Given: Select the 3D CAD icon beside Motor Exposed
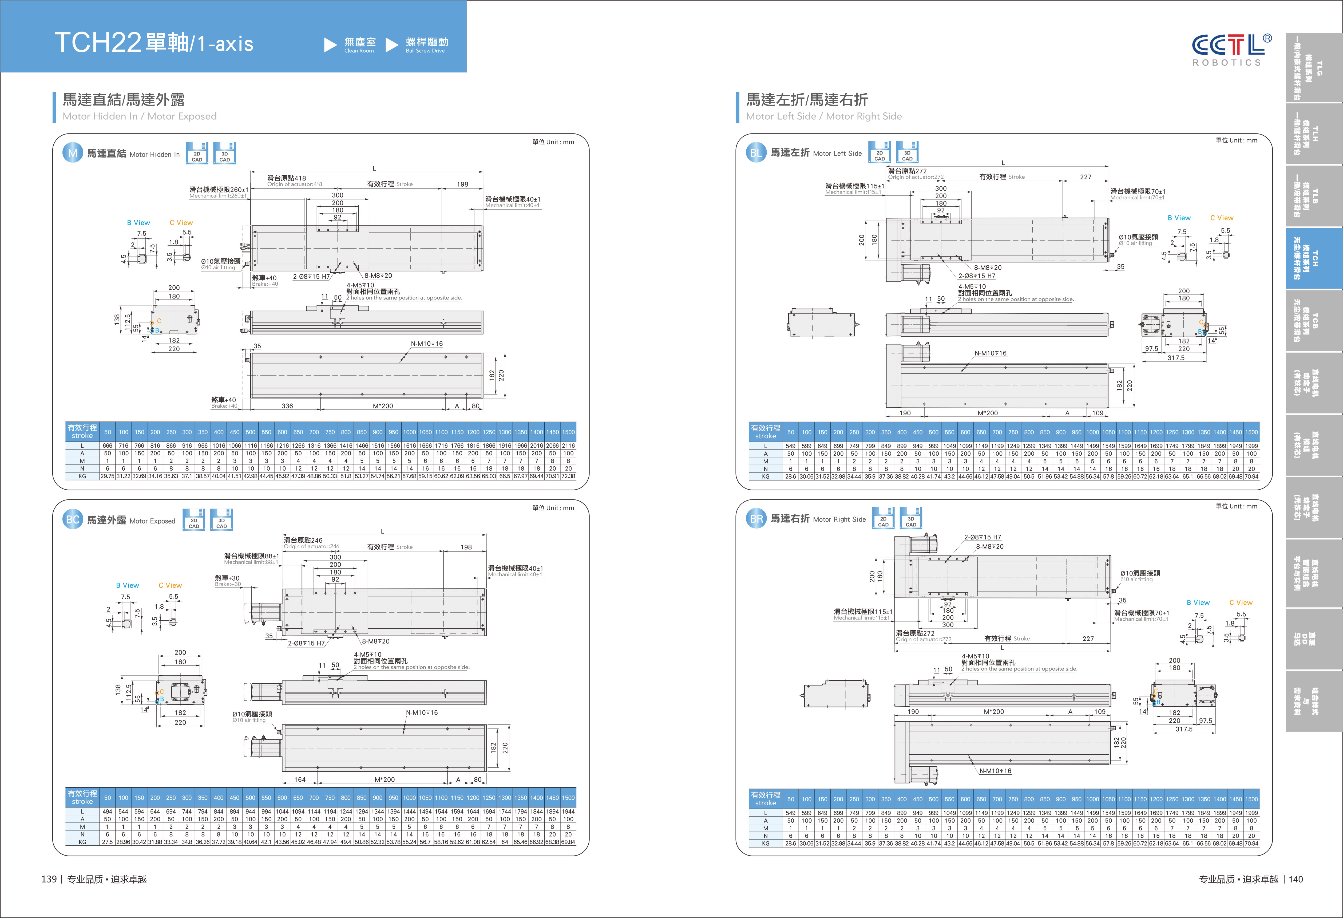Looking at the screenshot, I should (x=221, y=520).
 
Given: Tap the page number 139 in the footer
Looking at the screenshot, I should (x=49, y=879).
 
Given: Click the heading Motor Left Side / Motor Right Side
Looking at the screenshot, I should (x=823, y=116).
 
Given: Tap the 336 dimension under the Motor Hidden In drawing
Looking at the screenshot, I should (x=287, y=406).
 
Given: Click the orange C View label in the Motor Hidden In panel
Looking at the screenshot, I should (x=181, y=223).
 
